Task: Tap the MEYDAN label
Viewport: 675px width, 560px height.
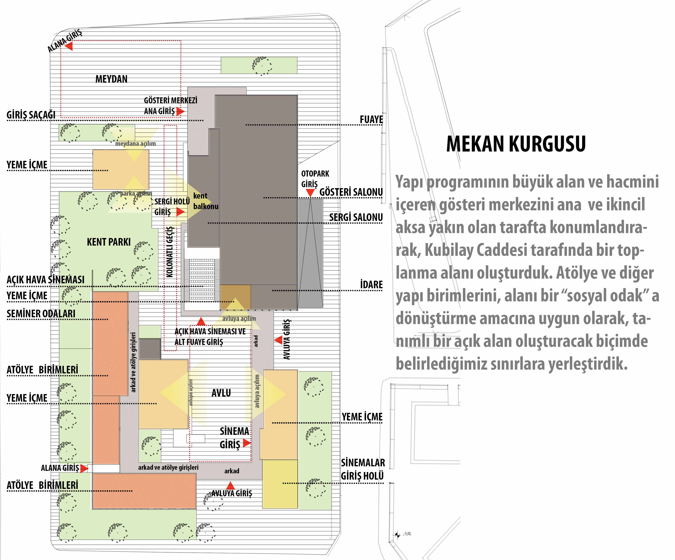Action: coord(111,79)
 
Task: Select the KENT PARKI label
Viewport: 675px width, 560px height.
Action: coord(109,242)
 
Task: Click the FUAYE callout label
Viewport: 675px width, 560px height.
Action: coord(371,119)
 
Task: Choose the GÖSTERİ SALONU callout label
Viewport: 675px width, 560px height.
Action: coord(351,192)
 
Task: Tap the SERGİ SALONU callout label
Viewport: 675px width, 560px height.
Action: coord(356,218)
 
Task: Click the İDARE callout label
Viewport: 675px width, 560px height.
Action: coord(372,285)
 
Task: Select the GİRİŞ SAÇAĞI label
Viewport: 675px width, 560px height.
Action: coord(31,115)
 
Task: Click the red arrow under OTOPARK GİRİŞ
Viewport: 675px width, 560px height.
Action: coord(310,193)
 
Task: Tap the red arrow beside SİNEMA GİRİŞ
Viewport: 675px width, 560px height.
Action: coord(247,443)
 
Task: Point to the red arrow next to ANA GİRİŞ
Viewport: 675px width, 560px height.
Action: coord(180,111)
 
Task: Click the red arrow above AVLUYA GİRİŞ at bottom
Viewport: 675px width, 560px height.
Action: coord(230,485)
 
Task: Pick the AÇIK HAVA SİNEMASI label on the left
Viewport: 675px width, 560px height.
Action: coord(46,280)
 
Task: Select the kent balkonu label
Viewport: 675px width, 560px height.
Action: coord(206,201)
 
